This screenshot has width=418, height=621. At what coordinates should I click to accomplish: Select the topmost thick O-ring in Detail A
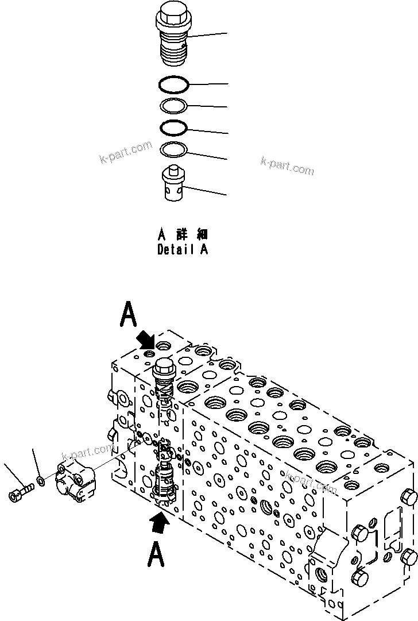click(174, 84)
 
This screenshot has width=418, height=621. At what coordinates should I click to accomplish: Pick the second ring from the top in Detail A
click(174, 106)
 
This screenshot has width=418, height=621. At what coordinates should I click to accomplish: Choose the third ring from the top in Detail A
click(174, 126)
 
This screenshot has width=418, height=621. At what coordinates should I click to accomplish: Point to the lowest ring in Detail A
click(174, 149)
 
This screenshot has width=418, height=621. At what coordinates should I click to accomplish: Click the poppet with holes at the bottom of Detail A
click(174, 184)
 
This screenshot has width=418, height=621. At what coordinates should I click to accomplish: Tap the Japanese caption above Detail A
click(183, 235)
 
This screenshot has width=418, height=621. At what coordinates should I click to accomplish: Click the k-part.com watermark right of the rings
click(287, 166)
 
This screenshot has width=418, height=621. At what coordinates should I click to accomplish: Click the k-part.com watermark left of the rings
click(125, 153)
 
